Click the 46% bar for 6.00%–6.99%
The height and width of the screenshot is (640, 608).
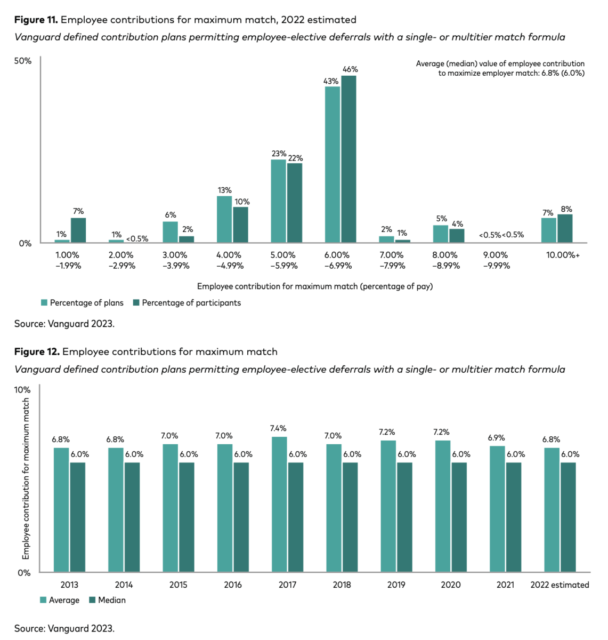click(x=348, y=159)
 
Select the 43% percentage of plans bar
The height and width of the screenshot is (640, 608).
click(x=333, y=164)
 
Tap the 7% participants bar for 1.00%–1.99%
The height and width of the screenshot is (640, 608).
click(x=78, y=230)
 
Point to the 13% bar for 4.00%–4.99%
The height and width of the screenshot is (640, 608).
click(x=224, y=219)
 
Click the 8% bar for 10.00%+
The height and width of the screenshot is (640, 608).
click(x=565, y=228)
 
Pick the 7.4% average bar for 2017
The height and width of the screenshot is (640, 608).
click(x=279, y=504)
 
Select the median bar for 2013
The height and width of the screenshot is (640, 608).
click(x=78, y=517)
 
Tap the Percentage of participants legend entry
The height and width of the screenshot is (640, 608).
click(x=187, y=303)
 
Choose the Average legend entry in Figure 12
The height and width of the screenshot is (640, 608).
click(x=60, y=600)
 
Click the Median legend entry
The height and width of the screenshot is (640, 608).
click(x=107, y=600)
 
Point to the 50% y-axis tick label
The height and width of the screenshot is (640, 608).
click(x=23, y=61)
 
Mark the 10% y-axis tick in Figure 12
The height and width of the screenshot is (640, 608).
click(x=22, y=390)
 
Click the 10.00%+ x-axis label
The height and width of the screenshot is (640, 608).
click(x=563, y=255)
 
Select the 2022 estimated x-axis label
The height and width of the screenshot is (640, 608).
click(x=560, y=585)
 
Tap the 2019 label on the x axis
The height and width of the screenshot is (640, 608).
click(x=396, y=585)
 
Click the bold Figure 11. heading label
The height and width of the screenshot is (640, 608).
click(x=36, y=20)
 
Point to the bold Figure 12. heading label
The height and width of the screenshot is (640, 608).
click(x=37, y=351)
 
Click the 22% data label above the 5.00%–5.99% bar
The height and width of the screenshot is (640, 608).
click(x=295, y=158)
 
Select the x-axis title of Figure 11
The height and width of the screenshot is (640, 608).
click(x=315, y=286)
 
